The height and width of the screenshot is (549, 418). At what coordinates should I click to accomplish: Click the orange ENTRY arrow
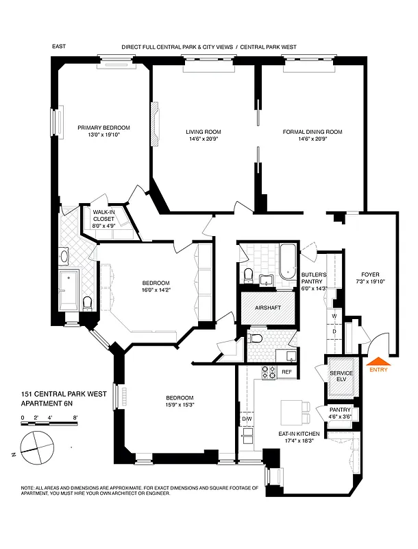[x=378, y=362]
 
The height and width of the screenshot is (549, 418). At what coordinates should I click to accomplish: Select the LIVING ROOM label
[x=204, y=132]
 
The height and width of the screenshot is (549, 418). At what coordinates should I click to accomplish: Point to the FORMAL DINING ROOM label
[x=312, y=132]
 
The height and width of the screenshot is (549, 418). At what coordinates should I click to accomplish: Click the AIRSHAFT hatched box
[x=268, y=308]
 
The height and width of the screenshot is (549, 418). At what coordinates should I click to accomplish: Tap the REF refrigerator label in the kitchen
[x=286, y=372]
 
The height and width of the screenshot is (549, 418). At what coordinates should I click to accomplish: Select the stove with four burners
[x=269, y=373]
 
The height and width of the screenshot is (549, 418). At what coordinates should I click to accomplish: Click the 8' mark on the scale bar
[x=75, y=417]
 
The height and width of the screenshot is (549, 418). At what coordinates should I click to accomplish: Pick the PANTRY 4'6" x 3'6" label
[x=340, y=413]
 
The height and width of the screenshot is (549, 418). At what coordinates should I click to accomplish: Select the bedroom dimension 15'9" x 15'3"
[x=180, y=405]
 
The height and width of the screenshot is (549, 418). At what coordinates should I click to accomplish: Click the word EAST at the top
[x=60, y=47]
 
